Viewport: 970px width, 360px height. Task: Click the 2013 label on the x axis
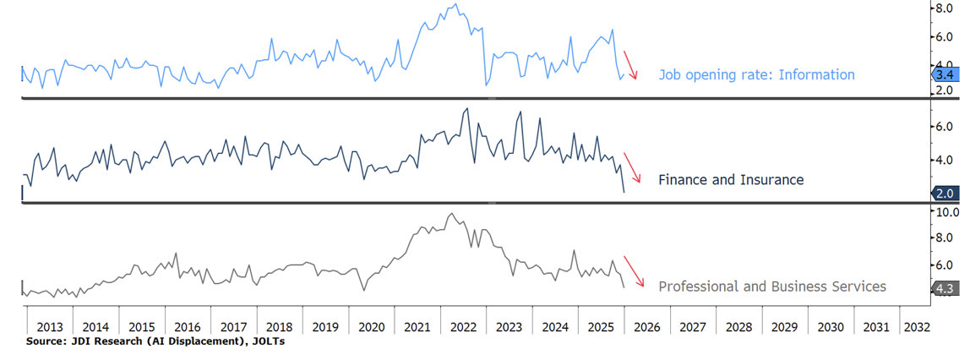(50, 327)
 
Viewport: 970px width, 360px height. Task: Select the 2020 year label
(372, 327)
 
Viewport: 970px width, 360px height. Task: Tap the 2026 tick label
(647, 327)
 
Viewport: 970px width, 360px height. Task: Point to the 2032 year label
(916, 327)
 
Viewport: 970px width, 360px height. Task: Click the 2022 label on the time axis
(464, 327)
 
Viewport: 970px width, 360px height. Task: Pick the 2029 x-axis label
(785, 327)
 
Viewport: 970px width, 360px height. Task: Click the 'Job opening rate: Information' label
(756, 74)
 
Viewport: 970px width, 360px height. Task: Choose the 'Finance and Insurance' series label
(730, 180)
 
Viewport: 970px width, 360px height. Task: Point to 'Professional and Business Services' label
(771, 286)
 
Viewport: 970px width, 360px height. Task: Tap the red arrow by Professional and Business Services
(635, 272)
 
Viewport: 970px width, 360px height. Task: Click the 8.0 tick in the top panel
(944, 8)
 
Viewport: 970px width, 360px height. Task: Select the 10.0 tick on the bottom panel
(944, 212)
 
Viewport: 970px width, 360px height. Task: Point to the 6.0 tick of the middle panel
(944, 127)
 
